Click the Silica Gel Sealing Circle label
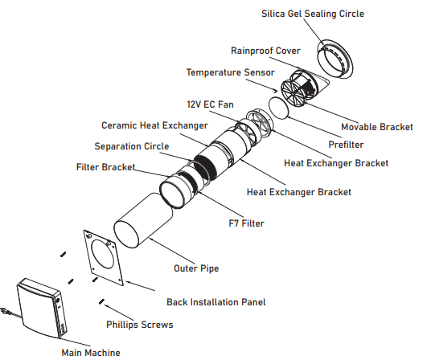click(x=313, y=14)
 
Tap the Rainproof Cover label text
click(x=265, y=51)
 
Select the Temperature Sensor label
click(x=230, y=72)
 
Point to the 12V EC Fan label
click(x=211, y=104)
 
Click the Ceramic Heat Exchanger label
click(x=154, y=125)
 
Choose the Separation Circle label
click(x=132, y=146)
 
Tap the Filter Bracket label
click(x=105, y=167)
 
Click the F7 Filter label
click(x=246, y=223)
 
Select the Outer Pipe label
click(x=196, y=268)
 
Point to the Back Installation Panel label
click(x=216, y=302)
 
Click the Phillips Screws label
click(x=140, y=325)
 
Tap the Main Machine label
click(x=91, y=353)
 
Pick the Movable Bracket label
click(x=377, y=127)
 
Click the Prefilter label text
click(x=346, y=145)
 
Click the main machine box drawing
click(x=42, y=308)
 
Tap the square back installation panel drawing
click(x=103, y=258)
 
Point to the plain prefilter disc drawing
click(x=278, y=108)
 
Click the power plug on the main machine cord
click(x=4, y=311)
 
